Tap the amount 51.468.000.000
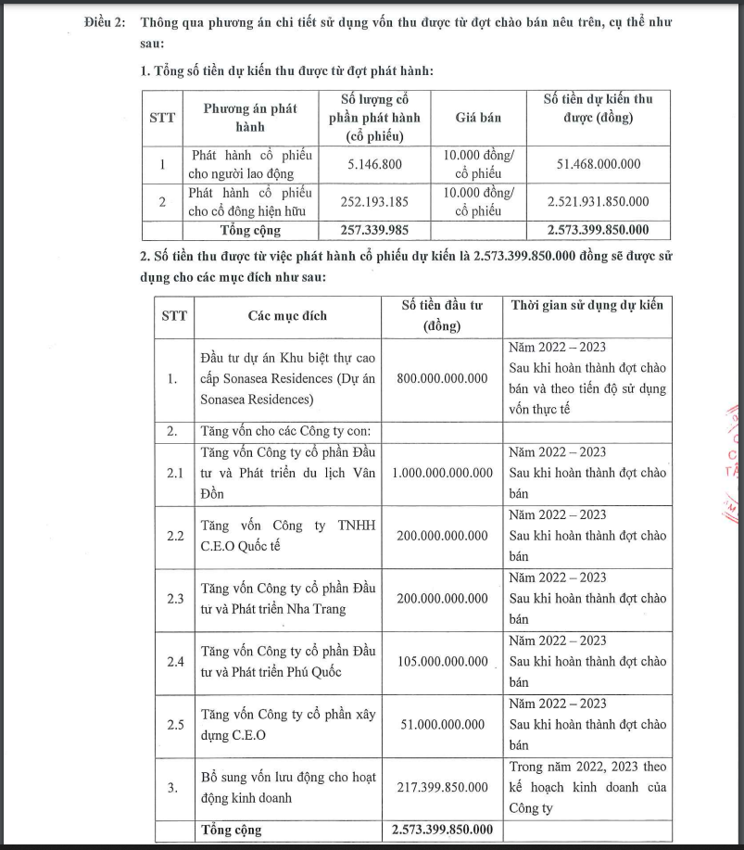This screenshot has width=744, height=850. (598, 164)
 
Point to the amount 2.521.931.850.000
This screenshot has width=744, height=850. (598, 201)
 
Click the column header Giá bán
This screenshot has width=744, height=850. (478, 118)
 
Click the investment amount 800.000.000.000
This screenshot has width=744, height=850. (443, 378)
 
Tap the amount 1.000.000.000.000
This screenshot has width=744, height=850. (443, 473)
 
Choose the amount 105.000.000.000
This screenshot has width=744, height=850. (443, 662)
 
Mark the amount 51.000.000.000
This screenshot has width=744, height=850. (443, 725)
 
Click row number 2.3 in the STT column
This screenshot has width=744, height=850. (175, 599)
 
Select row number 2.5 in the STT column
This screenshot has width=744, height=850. (175, 725)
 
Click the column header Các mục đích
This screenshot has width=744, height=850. (287, 316)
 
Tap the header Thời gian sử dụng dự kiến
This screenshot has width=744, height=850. (587, 305)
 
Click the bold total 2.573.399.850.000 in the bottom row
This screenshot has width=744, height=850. (443, 830)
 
